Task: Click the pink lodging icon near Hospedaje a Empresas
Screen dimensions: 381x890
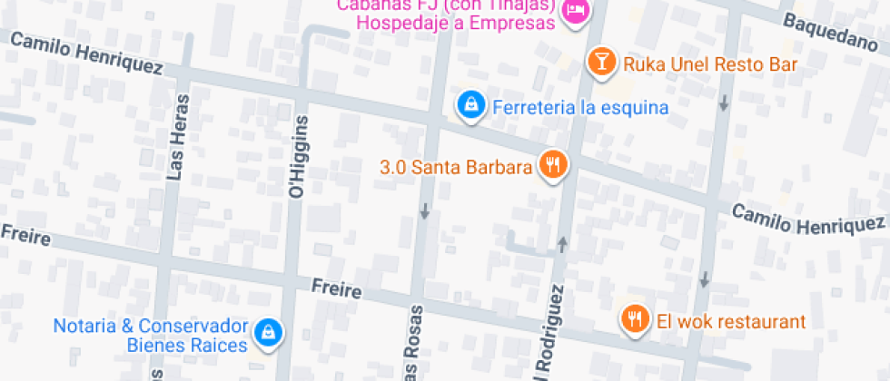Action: [x=575, y=11]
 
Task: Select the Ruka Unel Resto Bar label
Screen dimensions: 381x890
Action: [x=709, y=64]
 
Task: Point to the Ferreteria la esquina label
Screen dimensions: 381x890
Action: [x=580, y=108]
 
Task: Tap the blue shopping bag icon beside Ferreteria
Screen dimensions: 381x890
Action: [x=470, y=106]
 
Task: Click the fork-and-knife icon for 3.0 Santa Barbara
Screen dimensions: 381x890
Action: [x=552, y=164]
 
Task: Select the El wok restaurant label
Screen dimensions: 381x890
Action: [x=731, y=321]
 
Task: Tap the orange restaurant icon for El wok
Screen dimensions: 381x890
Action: [x=634, y=318]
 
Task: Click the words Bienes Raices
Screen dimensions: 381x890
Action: [x=187, y=346]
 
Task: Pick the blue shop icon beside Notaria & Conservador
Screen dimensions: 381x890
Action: [x=267, y=333]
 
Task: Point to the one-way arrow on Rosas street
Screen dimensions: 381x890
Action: [x=424, y=211]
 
